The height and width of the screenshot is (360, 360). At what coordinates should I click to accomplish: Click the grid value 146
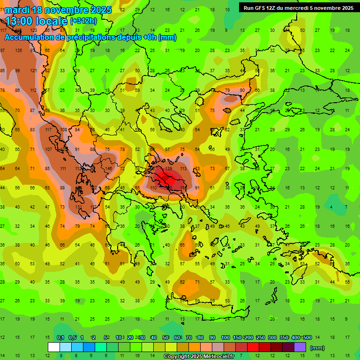(108, 168)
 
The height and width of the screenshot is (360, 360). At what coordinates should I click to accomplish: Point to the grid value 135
(18, 50)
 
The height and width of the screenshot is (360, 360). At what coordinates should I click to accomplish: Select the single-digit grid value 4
(331, 207)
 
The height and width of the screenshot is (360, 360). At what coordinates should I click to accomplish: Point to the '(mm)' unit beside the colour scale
(317, 348)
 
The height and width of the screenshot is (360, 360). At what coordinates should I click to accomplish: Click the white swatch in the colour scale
(54, 347)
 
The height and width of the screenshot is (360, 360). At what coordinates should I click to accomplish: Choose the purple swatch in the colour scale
(300, 347)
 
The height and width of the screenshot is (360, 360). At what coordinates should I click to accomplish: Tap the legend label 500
(307, 337)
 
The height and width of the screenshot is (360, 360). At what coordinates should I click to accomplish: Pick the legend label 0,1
(60, 337)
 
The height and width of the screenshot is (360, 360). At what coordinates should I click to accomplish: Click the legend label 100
(225, 337)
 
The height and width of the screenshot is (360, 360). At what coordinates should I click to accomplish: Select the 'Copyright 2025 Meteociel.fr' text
(199, 357)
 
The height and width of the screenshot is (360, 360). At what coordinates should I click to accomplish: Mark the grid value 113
(183, 168)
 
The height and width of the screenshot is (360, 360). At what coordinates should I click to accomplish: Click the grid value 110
(153, 187)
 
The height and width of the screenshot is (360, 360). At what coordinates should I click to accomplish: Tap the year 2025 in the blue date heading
(101, 10)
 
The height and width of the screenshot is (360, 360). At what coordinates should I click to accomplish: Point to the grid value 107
(48, 149)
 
